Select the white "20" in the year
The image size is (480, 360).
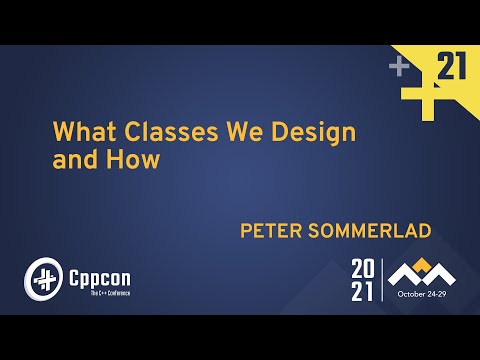(x=363, y=268)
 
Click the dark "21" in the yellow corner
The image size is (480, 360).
(x=452, y=68)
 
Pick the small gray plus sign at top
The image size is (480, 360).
(x=400, y=67)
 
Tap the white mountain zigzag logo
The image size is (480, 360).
(x=420, y=274)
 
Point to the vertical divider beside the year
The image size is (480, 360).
(x=383, y=279)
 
